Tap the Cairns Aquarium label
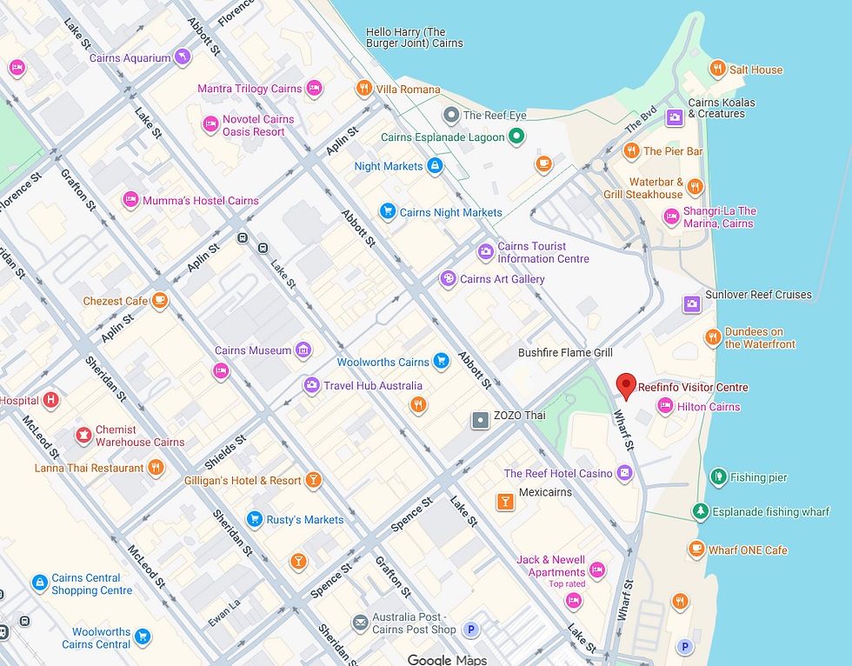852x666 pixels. (x=130, y=58)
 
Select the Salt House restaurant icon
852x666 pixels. (x=717, y=69)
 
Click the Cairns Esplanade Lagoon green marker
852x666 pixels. (x=516, y=136)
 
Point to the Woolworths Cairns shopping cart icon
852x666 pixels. (x=441, y=361)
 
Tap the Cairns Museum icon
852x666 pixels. (x=303, y=350)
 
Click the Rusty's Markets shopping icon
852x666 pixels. (x=254, y=519)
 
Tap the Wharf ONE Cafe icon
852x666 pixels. (x=696, y=549)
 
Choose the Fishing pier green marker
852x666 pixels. (x=718, y=476)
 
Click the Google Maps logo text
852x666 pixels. (x=447, y=659)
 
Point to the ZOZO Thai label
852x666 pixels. (x=519, y=416)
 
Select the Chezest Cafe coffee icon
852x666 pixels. (x=159, y=301)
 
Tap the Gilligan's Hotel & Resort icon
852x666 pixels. (x=313, y=480)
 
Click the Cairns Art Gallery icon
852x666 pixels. (x=448, y=278)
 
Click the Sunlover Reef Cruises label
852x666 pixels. (x=758, y=295)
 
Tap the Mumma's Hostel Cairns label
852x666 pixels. (x=201, y=201)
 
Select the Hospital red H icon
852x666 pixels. (x=51, y=400)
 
